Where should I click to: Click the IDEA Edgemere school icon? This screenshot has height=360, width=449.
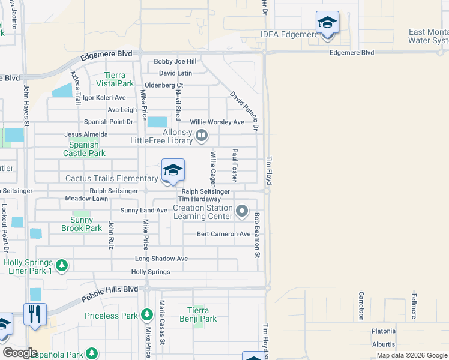(327, 23)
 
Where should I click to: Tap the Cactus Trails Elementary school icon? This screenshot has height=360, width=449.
(173, 170)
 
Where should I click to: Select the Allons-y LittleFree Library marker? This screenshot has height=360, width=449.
(202, 136)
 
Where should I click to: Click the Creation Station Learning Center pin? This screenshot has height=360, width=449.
(242, 211)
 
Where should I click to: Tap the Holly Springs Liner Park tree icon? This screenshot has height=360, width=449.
(61, 265)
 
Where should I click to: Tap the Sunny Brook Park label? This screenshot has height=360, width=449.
(82, 228)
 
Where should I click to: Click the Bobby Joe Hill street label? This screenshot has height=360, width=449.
(175, 61)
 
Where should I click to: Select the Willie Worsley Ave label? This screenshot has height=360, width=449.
(217, 122)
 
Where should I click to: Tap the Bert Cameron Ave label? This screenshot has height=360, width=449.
(223, 234)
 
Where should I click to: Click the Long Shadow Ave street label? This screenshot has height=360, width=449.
(161, 259)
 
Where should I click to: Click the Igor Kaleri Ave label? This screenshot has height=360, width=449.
(104, 97)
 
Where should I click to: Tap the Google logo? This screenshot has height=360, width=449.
(20, 353)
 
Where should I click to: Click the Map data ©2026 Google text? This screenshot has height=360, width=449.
(411, 355)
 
